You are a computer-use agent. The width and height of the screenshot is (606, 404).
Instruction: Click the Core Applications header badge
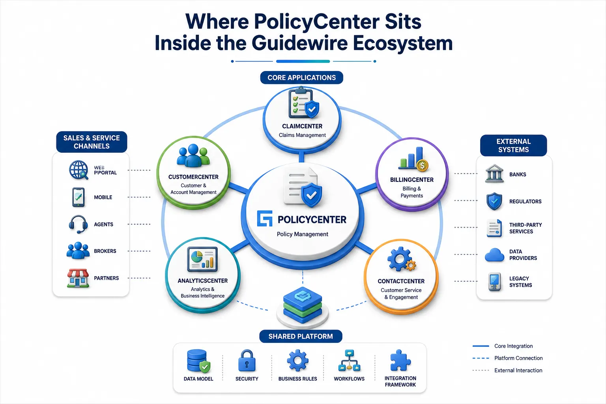[302, 78]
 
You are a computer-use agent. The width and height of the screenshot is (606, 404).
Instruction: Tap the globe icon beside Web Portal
[79, 170]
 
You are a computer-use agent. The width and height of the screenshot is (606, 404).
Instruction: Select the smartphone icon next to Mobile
[79, 197]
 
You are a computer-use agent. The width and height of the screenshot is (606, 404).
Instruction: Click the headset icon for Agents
[78, 224]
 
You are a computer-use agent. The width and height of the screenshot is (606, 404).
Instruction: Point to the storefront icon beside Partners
[78, 278]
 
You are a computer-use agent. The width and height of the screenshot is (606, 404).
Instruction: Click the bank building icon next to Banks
[494, 174]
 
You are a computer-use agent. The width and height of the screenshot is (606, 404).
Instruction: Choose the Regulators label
[526, 202]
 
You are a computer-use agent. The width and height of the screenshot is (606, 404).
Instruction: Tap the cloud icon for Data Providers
[494, 255]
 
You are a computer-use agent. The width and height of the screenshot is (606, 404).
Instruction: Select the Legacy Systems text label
[520, 282]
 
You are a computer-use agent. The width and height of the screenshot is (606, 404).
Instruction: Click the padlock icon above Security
[247, 361]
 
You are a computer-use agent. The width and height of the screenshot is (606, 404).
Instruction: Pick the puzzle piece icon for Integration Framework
[400, 360]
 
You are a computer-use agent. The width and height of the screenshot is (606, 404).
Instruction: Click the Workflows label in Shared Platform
[349, 379]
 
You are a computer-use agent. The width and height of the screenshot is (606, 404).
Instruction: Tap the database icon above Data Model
[198, 361]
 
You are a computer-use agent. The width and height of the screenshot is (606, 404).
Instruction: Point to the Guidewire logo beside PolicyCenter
[265, 218]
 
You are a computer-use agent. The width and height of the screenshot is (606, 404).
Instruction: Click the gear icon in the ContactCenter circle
[401, 259]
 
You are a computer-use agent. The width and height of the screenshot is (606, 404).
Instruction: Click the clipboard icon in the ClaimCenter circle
[303, 103]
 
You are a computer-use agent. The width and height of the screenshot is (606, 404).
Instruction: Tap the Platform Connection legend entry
[507, 358]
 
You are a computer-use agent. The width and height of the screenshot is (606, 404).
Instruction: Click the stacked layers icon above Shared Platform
[303, 305]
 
